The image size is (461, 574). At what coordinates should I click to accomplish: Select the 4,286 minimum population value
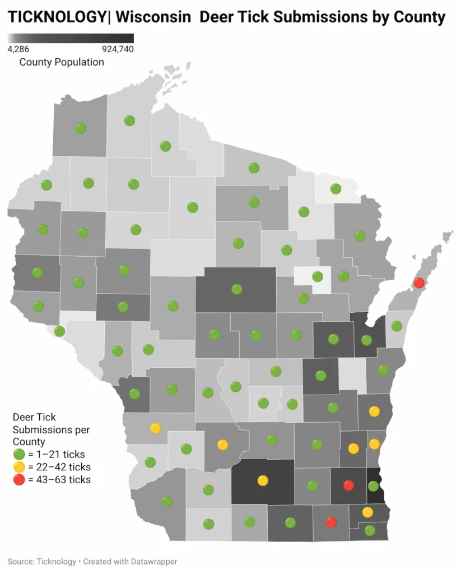pos(18,49)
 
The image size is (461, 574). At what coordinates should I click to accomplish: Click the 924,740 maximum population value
pos(118,49)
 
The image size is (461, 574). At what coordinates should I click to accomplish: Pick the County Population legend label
pos(62,62)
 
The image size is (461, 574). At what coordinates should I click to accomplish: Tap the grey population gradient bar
pos(71,38)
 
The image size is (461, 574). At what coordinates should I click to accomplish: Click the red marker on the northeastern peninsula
pos(419,283)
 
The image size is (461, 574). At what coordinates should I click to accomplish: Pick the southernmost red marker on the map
pos(331,522)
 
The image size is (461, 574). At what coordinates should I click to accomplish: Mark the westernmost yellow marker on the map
pos(155,428)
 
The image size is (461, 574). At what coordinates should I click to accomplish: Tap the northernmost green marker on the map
pos(129,121)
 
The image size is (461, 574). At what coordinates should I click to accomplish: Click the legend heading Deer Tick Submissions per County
pos(50,430)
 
